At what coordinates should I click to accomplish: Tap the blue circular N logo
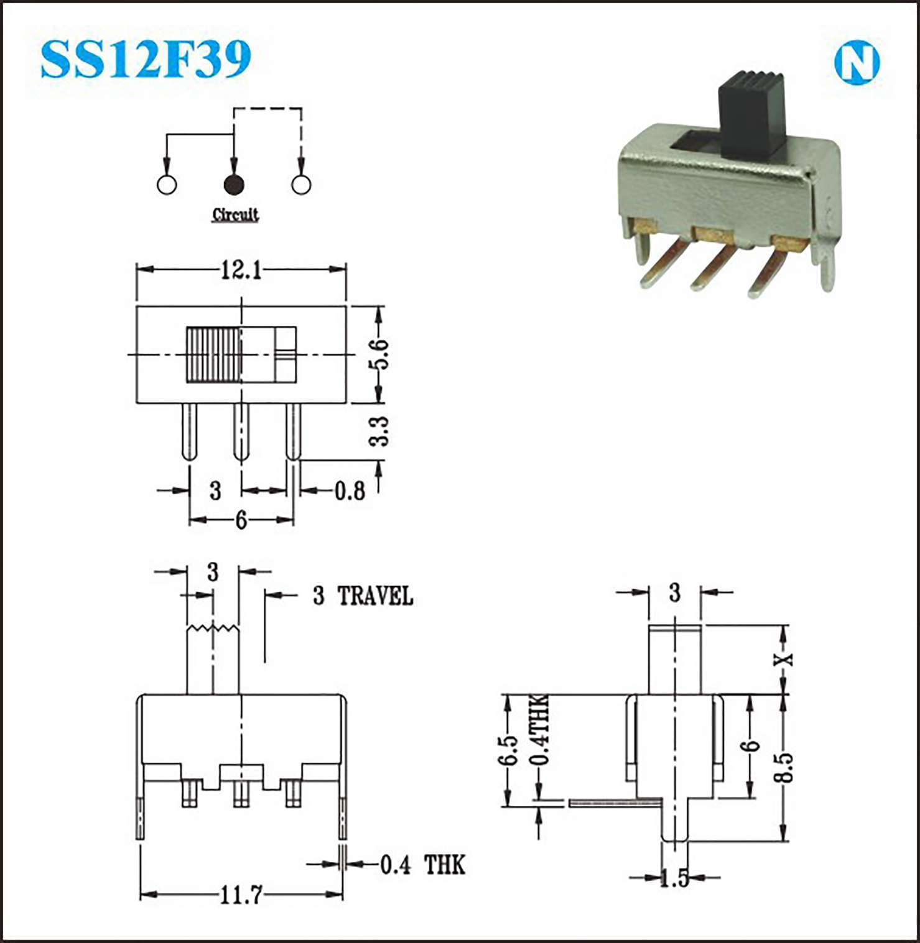click(857, 62)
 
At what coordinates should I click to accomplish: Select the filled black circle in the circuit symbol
click(234, 185)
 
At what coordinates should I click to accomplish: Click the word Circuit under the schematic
click(235, 214)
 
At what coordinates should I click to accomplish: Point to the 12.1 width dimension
click(241, 270)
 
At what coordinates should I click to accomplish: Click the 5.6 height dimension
click(379, 354)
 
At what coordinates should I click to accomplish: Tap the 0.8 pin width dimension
click(350, 491)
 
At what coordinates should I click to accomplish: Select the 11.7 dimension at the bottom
click(241, 895)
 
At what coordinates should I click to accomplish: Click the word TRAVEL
click(375, 596)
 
